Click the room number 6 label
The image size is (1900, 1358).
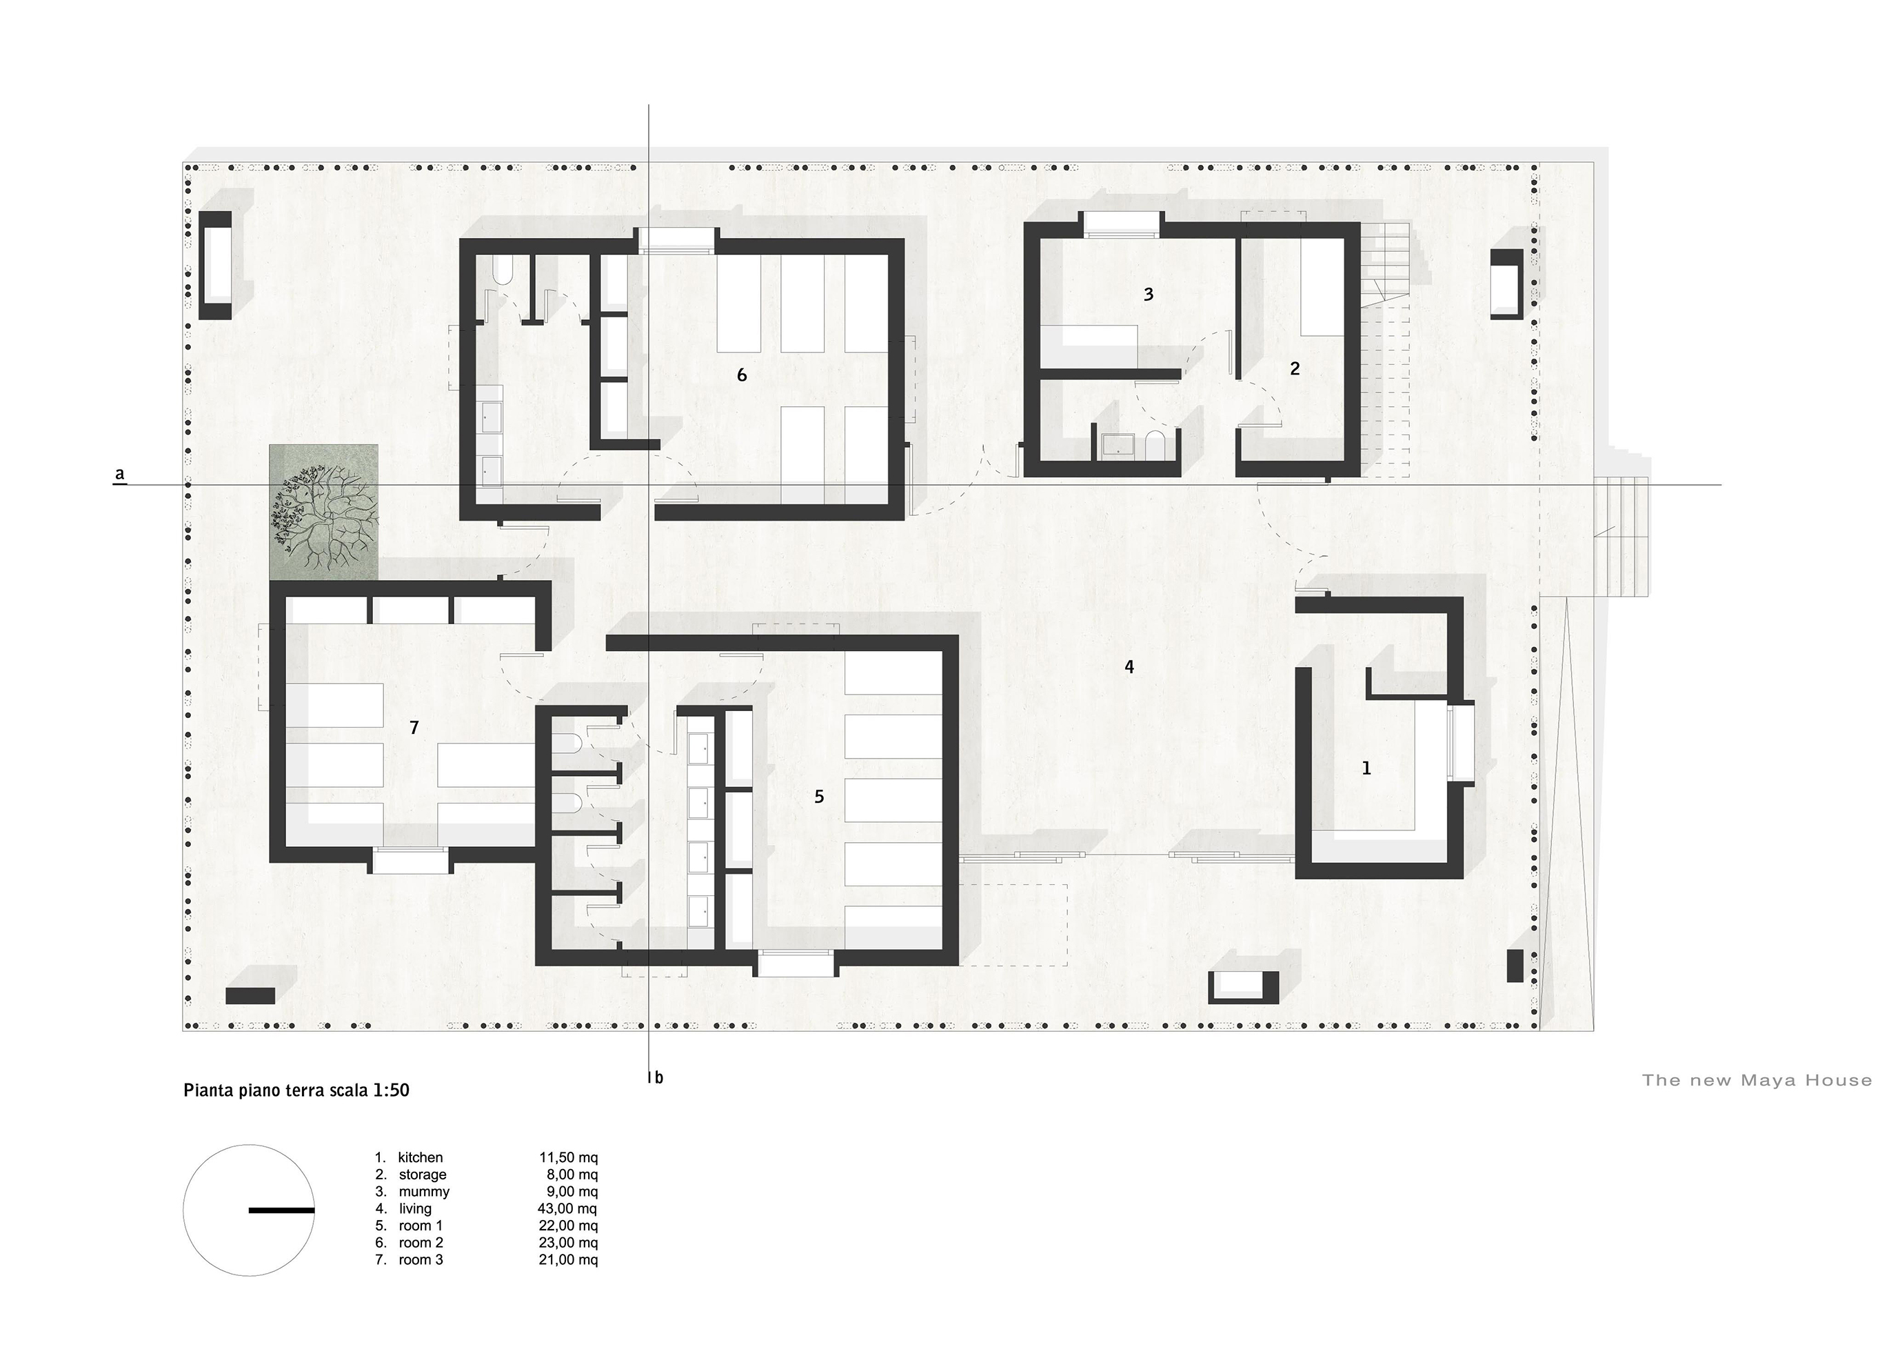click(741, 375)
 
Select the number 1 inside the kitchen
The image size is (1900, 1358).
click(1366, 768)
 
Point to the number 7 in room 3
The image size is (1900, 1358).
click(414, 728)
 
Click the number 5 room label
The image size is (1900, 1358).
click(819, 796)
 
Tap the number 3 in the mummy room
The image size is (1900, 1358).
click(1149, 294)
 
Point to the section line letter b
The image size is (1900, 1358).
click(658, 1078)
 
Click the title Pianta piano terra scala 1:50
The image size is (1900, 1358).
click(296, 1090)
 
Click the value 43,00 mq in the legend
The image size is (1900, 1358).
click(567, 1208)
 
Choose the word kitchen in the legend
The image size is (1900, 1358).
click(421, 1157)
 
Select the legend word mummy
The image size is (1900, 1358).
click(424, 1192)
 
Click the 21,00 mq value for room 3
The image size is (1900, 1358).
click(567, 1259)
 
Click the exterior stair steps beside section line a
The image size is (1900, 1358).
click(1621, 535)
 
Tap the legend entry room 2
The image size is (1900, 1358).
click(421, 1243)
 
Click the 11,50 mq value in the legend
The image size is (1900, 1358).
click(567, 1157)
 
